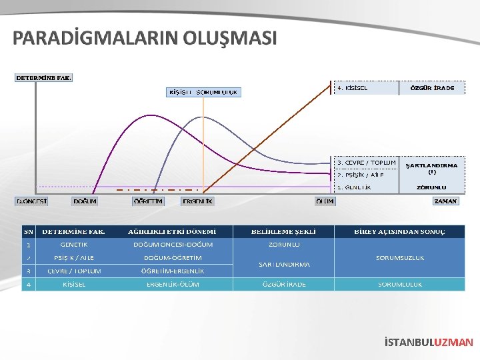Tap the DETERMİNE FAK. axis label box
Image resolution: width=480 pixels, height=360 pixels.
point(43,77)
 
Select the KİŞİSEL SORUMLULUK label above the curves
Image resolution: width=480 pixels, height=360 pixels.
point(203,92)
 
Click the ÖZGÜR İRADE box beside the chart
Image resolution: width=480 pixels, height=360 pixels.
point(432,88)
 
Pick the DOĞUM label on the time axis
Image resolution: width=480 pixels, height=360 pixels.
point(85,201)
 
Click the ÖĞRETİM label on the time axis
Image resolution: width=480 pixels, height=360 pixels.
point(148,201)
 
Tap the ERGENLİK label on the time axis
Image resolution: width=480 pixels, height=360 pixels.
point(198,201)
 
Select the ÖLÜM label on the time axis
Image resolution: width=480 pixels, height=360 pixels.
point(325,201)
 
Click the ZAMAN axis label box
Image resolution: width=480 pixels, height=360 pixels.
point(445,201)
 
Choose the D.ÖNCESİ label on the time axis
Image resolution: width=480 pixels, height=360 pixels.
point(31,201)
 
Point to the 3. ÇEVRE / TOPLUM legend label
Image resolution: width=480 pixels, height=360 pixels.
point(366,162)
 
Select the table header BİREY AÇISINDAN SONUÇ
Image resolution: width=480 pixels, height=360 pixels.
point(399,232)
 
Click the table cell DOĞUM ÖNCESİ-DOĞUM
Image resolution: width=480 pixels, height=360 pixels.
point(173,245)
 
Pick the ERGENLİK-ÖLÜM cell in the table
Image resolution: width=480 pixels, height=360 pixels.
point(173,284)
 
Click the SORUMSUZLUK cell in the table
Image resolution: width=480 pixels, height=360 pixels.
point(399,257)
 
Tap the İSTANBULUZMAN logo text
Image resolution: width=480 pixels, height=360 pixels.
point(429,343)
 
